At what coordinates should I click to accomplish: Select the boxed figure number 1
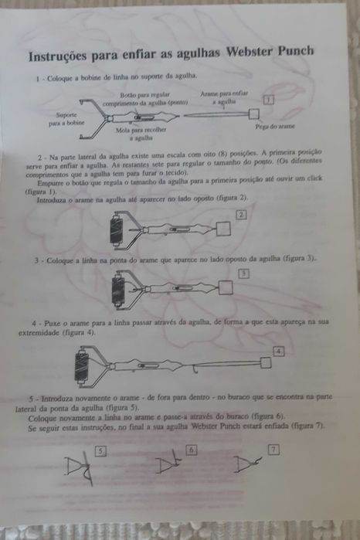[x=267, y=100]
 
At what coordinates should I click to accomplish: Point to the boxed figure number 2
[x=242, y=214]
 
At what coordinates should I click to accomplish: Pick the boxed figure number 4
[x=279, y=351]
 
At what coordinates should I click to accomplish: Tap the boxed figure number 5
[x=100, y=449]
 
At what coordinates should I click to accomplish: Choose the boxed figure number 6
[x=192, y=449]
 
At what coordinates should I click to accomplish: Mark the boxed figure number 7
[x=273, y=449]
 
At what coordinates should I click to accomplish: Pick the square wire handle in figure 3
[x=226, y=287]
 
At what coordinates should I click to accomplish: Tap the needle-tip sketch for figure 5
[x=78, y=467]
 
